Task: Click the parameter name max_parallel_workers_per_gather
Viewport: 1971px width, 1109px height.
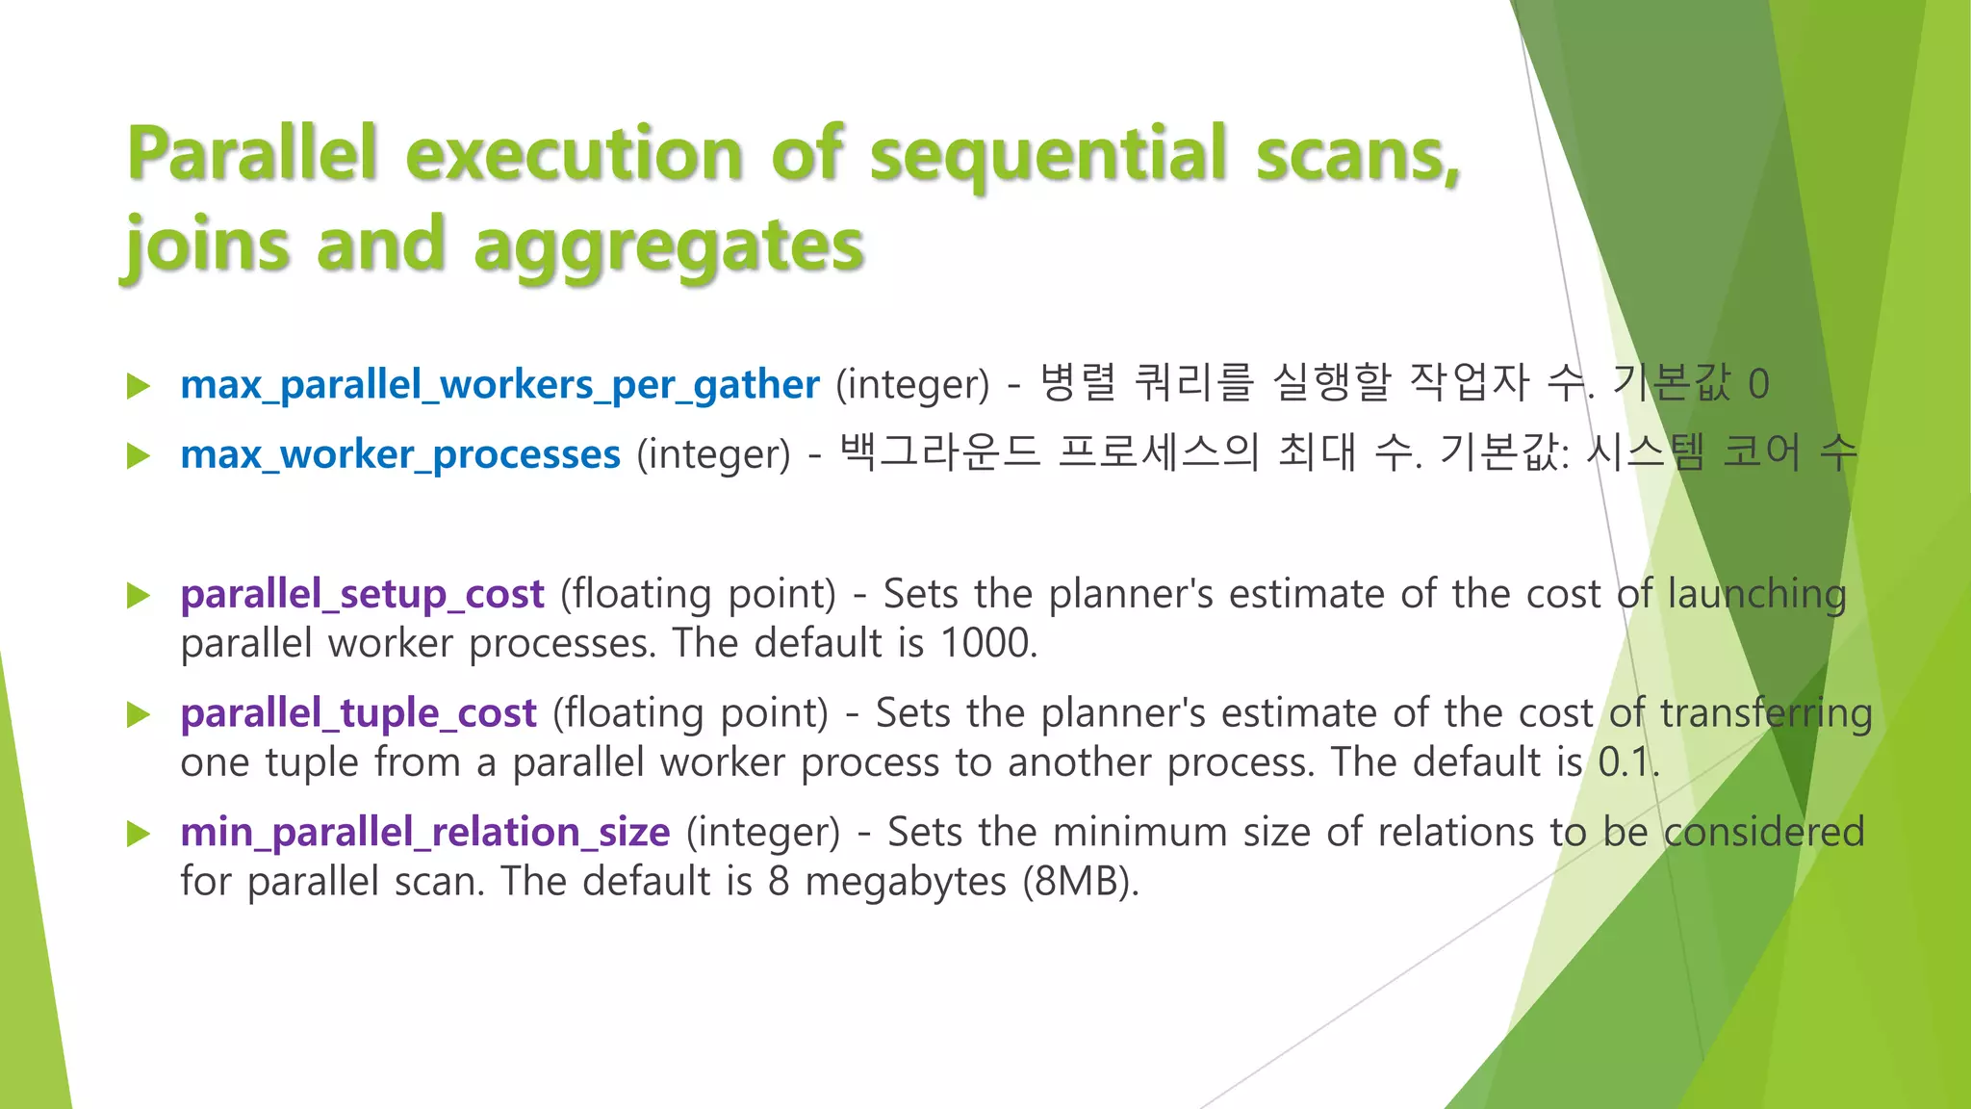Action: click(499, 385)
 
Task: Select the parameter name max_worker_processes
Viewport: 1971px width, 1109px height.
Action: click(400, 454)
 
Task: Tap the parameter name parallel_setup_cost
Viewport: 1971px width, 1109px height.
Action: click(362, 594)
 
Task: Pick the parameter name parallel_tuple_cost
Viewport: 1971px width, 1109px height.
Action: click(358, 713)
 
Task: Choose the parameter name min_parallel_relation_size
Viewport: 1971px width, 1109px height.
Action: click(424, 833)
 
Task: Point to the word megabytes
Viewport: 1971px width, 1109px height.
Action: click(906, 883)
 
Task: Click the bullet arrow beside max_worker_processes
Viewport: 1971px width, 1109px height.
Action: click(140, 455)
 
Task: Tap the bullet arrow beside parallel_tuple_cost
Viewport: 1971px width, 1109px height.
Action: click(140, 714)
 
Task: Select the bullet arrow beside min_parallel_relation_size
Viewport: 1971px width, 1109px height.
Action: click(140, 834)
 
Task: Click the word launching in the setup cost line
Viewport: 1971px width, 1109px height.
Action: click(1756, 595)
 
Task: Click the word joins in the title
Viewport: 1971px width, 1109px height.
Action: click(208, 246)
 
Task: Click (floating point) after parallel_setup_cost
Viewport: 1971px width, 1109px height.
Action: click(698, 595)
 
